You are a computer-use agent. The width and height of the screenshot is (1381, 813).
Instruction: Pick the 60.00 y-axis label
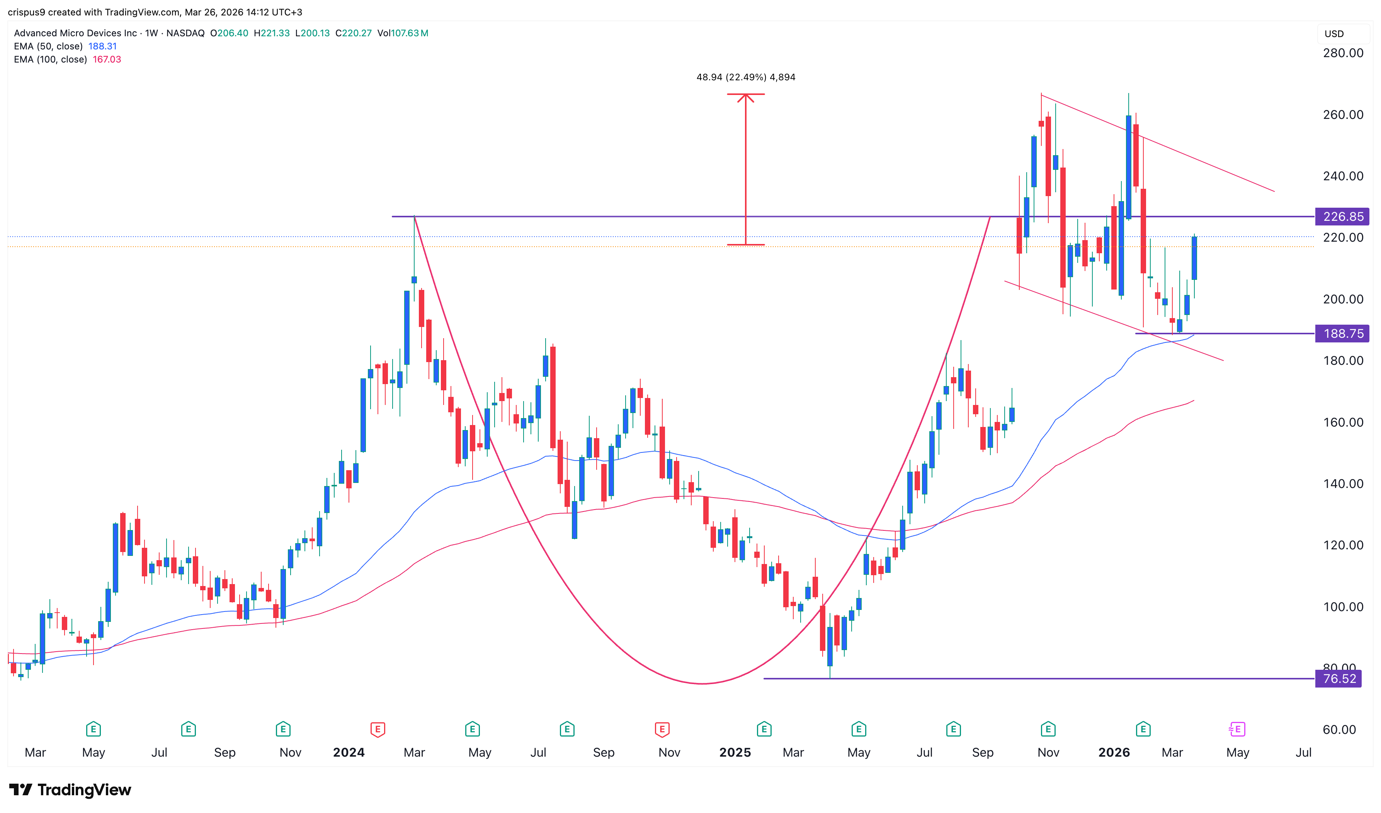pyautogui.click(x=1339, y=730)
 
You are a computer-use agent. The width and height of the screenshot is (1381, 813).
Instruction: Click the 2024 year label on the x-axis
pyautogui.click(x=349, y=753)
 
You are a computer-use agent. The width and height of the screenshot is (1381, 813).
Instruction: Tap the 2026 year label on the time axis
pyautogui.click(x=1114, y=753)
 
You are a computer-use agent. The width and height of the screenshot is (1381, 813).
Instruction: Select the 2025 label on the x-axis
pyautogui.click(x=735, y=753)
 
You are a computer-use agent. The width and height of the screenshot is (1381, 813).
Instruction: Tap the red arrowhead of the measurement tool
pyautogui.click(x=745, y=97)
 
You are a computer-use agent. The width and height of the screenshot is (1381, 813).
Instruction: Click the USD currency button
pyautogui.click(x=1334, y=34)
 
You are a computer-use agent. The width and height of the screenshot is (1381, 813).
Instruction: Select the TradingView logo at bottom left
pyautogui.click(x=70, y=790)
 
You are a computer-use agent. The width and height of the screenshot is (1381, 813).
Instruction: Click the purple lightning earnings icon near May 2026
pyautogui.click(x=1237, y=729)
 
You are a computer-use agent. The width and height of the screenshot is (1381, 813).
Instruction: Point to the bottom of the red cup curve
pyautogui.click(x=702, y=684)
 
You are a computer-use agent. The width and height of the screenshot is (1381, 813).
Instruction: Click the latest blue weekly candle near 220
pyautogui.click(x=1194, y=258)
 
